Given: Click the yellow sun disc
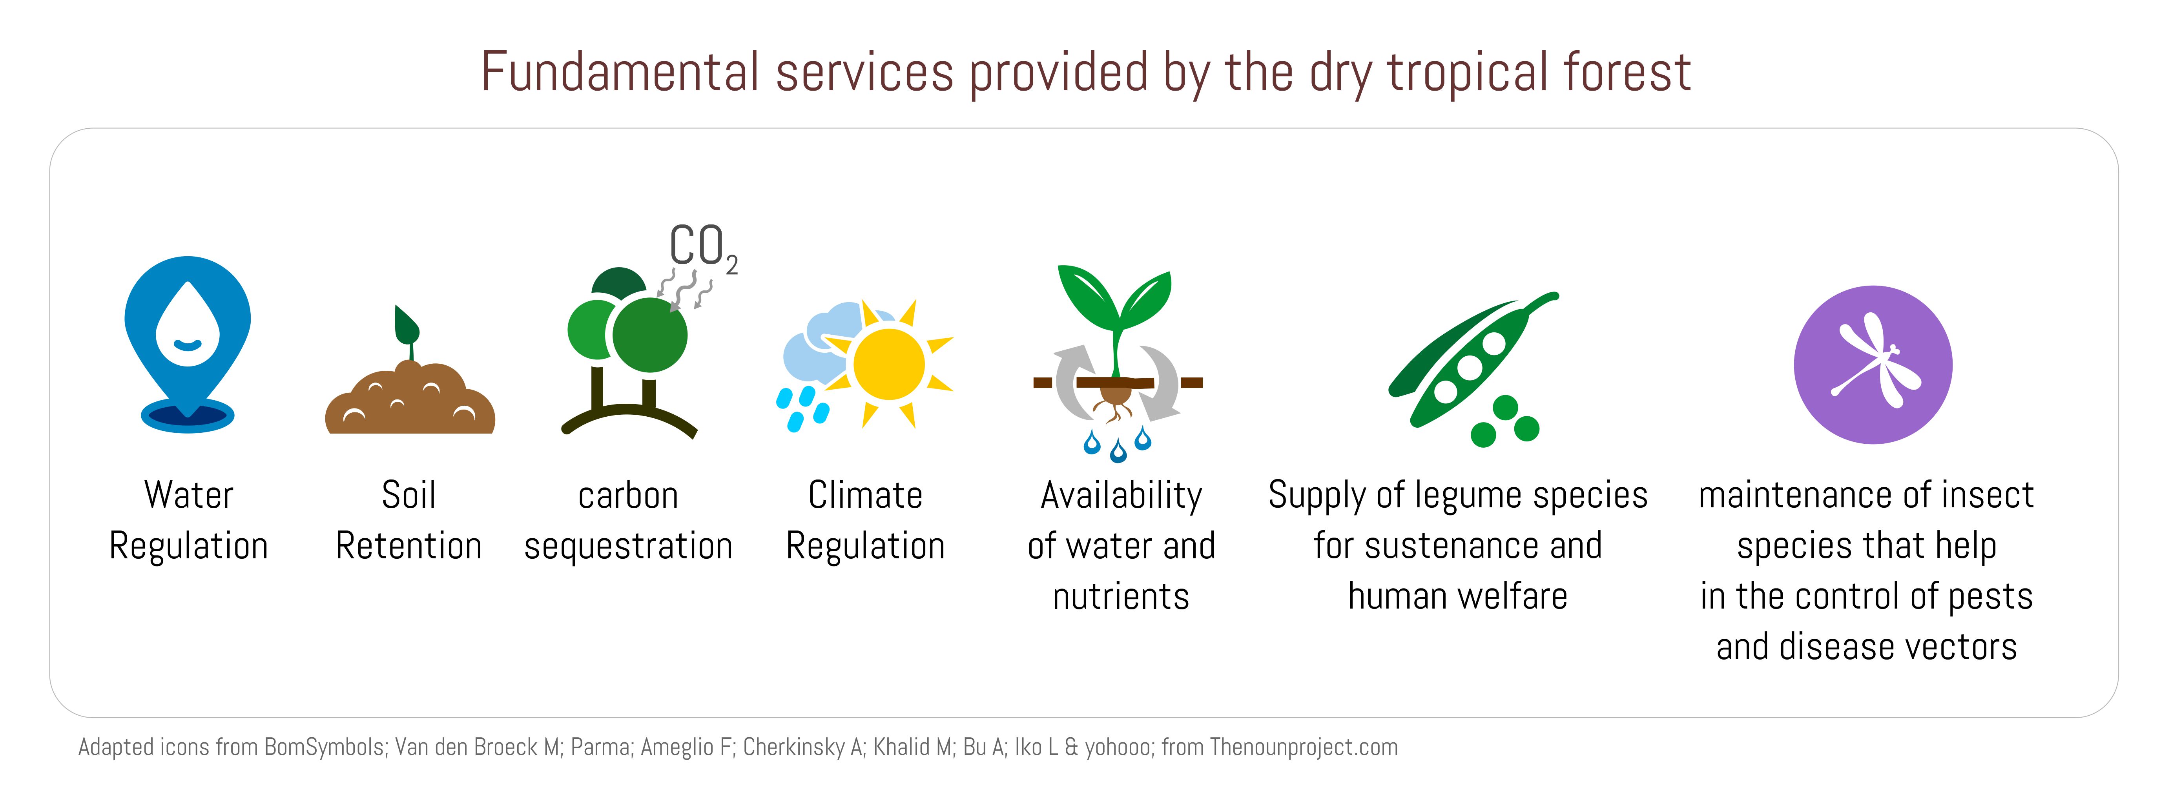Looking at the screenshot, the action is click(889, 364).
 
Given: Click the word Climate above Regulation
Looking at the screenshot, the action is click(865, 495).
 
